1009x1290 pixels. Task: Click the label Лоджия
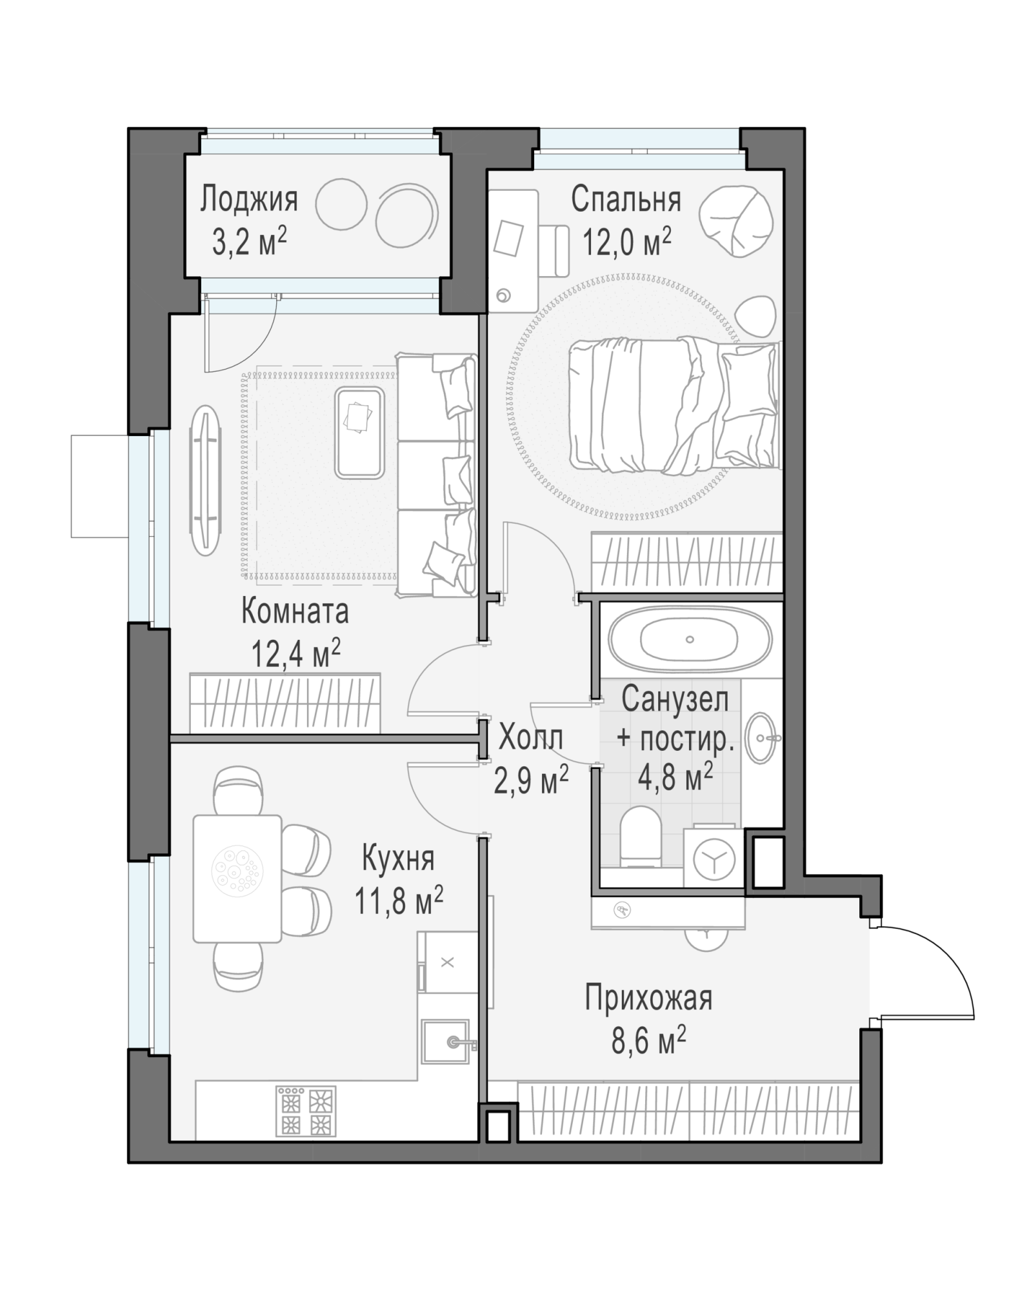[x=249, y=199]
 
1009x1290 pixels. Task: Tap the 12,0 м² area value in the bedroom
[x=627, y=243]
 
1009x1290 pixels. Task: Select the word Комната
[x=295, y=611]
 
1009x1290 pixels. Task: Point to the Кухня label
[x=397, y=858]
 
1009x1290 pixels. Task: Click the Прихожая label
[x=648, y=998]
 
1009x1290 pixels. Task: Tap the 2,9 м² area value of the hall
[x=531, y=780]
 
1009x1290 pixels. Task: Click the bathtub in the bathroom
[x=690, y=640]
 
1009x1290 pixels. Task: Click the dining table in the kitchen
[x=237, y=878]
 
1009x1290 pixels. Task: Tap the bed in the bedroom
[x=674, y=406]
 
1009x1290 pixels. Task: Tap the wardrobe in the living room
[x=285, y=703]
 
